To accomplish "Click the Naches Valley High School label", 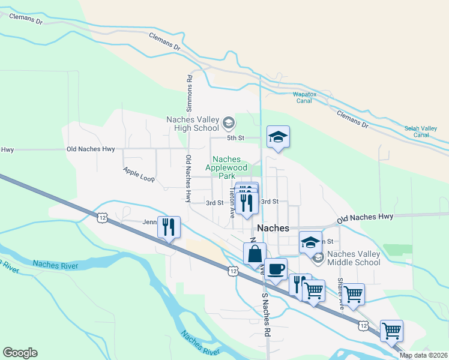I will click(x=192, y=123).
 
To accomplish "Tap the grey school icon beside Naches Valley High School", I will click(x=228, y=124).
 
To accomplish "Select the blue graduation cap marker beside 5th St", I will click(x=278, y=137).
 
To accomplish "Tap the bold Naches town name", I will click(x=274, y=229).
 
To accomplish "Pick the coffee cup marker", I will click(x=276, y=269).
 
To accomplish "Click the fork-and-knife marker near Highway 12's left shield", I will click(x=169, y=227).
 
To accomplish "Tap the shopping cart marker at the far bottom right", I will click(x=391, y=331).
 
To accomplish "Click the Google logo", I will click(x=20, y=353).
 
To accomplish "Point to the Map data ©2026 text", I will click(x=424, y=355).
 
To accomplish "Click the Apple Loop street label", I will click(x=139, y=175).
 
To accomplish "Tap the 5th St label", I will click(x=236, y=138).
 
